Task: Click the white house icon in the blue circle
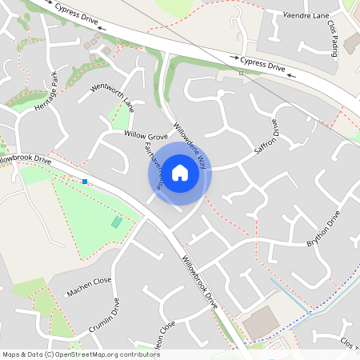tap(180, 172)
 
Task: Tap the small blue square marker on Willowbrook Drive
tap(84, 182)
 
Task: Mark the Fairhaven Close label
tap(154, 166)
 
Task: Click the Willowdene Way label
tap(190, 146)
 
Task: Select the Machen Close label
tap(89, 286)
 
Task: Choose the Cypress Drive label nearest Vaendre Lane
tap(262, 62)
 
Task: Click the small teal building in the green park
tap(117, 222)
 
